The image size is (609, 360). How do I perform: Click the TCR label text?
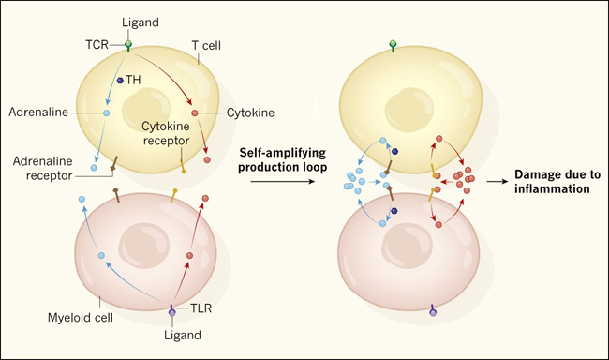click(x=97, y=45)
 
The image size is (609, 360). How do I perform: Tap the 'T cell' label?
click(x=206, y=46)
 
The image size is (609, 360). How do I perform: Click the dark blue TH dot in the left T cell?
click(x=120, y=80)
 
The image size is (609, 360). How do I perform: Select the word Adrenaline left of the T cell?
click(x=38, y=112)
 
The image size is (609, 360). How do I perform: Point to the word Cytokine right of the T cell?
click(x=250, y=112)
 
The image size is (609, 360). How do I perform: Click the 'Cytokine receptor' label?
click(x=166, y=133)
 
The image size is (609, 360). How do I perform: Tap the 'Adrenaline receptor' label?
click(x=43, y=169)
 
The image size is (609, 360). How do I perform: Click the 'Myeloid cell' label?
click(x=81, y=318)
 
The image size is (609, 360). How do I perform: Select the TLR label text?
click(x=201, y=308)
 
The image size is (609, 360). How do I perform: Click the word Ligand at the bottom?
click(x=183, y=335)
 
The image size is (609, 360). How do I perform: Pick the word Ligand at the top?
click(x=141, y=22)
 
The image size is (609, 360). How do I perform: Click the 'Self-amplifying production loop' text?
click(x=282, y=159)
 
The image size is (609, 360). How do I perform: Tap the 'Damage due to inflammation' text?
click(x=557, y=182)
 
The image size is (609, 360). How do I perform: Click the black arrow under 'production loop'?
click(x=282, y=181)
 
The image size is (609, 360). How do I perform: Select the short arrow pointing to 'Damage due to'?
click(x=498, y=182)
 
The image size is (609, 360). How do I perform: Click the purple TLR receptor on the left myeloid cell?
click(x=171, y=310)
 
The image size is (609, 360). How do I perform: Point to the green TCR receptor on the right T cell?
click(x=393, y=46)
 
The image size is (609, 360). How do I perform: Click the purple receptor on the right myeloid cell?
click(x=433, y=310)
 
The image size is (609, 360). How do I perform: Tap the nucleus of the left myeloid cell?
click(x=143, y=247)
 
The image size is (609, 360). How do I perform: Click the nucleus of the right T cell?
click(x=409, y=110)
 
